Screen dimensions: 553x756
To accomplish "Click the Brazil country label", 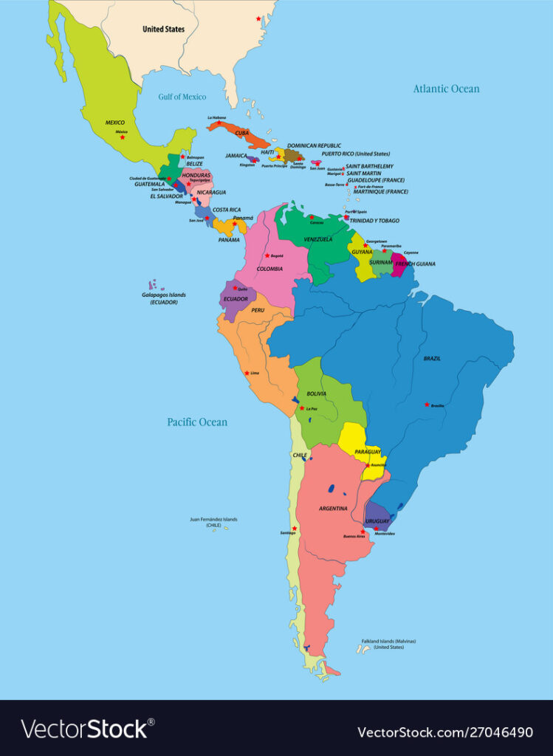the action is tap(432, 358).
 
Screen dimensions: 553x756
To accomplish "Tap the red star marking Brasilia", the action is tap(427, 404).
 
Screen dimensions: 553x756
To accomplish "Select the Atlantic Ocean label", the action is tap(446, 89).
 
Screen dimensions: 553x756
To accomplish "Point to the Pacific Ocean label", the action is tap(197, 422).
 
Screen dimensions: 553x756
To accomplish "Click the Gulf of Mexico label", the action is tap(182, 97).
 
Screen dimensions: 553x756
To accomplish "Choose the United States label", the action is tap(164, 30).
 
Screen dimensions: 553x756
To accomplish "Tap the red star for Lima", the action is tap(247, 373).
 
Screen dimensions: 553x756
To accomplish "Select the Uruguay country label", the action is tap(377, 521).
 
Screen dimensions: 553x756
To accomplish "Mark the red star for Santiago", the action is tap(295, 528).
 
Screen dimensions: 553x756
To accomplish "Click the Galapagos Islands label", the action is tap(164, 298).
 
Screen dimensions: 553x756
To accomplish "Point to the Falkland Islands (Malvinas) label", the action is tap(388, 644).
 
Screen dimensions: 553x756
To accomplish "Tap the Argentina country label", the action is tap(333, 509).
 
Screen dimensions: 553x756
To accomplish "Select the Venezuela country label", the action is tap(318, 239).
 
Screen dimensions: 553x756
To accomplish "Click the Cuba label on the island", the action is tap(242, 133).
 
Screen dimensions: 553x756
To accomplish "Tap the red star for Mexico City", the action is tap(123, 137).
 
